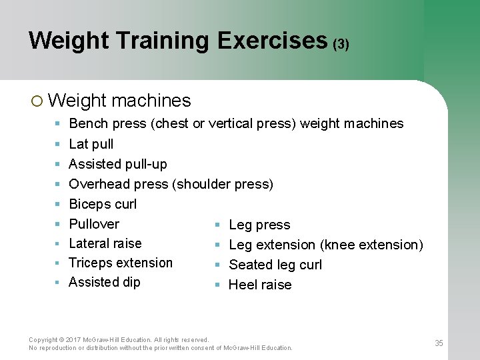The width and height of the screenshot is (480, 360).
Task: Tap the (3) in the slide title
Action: tap(341, 45)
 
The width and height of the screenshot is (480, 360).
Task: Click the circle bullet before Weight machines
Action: tap(37, 101)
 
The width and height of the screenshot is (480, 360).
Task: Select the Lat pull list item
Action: tap(91, 144)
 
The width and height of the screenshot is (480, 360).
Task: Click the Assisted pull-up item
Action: tap(118, 164)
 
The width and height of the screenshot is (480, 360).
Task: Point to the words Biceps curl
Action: tap(103, 204)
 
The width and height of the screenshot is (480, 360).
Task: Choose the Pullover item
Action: tap(94, 224)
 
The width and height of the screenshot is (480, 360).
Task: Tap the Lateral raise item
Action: tap(105, 243)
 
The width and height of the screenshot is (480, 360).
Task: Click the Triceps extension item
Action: tap(121, 263)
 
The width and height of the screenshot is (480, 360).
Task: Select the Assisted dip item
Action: tap(105, 282)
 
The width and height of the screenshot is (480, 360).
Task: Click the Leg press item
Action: tap(259, 225)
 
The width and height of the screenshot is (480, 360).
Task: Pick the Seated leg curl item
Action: tap(275, 265)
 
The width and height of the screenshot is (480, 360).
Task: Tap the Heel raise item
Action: tap(260, 285)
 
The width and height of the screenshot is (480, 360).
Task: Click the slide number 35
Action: tap(439, 343)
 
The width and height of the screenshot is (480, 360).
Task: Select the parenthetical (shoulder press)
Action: tap(223, 184)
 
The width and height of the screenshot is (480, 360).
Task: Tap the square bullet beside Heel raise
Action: tap(217, 285)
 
